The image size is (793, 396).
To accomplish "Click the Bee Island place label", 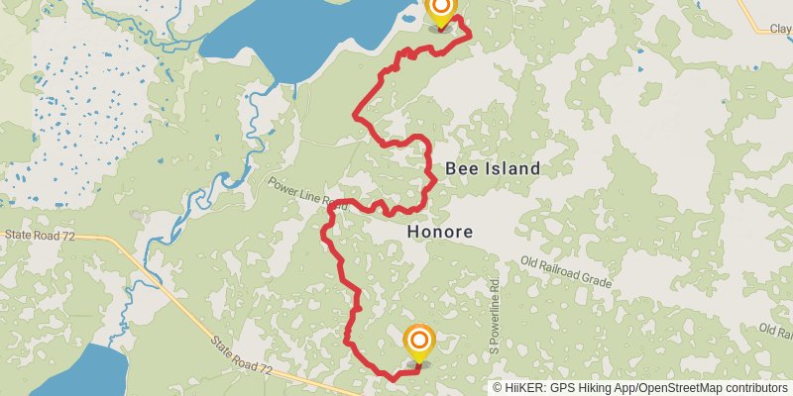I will coord(493,169).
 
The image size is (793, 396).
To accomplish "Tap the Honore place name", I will coord(439,233).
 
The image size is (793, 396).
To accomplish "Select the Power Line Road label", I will coord(306,194).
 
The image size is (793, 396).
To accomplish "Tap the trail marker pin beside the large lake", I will coord(440,10).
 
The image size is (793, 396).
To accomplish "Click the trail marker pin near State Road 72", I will coord(419,343).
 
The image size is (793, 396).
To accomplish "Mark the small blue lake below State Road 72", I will coord(94,371).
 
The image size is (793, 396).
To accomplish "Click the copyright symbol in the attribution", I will coord(499,388).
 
